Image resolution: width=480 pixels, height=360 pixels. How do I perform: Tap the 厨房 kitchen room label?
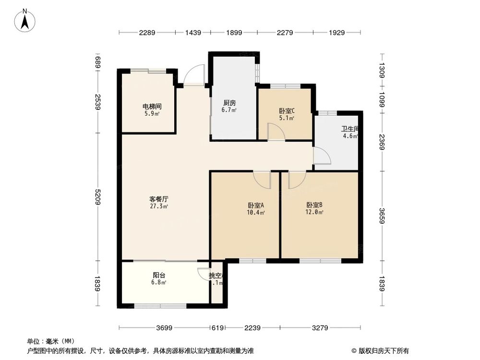229,103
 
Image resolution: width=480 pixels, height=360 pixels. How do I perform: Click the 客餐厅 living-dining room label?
158,198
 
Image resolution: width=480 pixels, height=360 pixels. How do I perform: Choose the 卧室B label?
315,205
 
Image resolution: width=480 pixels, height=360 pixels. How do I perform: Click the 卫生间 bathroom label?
350,129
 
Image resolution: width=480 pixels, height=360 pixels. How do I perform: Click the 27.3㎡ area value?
158,206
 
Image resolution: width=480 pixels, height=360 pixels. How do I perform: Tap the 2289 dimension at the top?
147,33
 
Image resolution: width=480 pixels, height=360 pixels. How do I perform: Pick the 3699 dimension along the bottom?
164,328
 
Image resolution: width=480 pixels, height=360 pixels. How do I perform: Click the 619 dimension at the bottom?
217,328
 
